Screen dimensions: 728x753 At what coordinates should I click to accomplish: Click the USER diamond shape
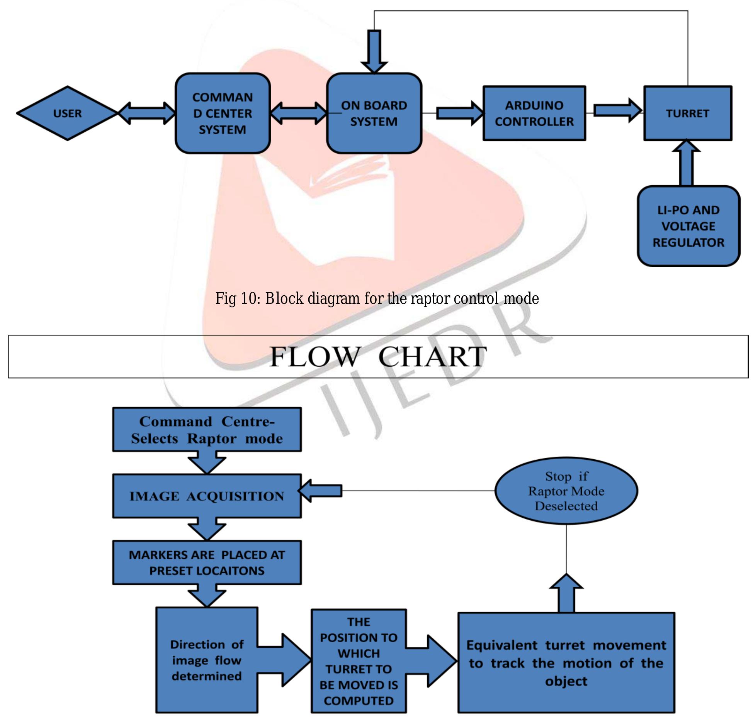(67, 113)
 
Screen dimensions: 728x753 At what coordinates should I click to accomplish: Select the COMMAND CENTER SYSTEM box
(223, 113)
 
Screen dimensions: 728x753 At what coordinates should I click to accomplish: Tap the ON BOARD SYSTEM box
(374, 113)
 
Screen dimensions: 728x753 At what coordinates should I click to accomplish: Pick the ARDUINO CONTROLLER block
(534, 113)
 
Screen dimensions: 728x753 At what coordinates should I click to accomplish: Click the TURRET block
(687, 113)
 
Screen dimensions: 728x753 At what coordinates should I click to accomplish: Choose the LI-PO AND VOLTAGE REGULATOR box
(688, 226)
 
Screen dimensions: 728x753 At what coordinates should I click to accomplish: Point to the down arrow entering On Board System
(374, 52)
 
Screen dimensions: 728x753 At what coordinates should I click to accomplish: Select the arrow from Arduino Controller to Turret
(617, 110)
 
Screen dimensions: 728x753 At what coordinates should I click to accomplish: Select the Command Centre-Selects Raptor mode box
(207, 430)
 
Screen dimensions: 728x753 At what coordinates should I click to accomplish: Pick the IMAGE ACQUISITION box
(207, 496)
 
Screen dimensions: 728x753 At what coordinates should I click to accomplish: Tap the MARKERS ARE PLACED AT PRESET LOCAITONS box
(207, 562)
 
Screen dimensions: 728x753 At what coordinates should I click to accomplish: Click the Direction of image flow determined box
(207, 660)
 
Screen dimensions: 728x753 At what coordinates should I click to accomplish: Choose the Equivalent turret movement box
(566, 663)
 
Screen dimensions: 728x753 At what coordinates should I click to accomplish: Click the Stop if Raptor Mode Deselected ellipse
(566, 491)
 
